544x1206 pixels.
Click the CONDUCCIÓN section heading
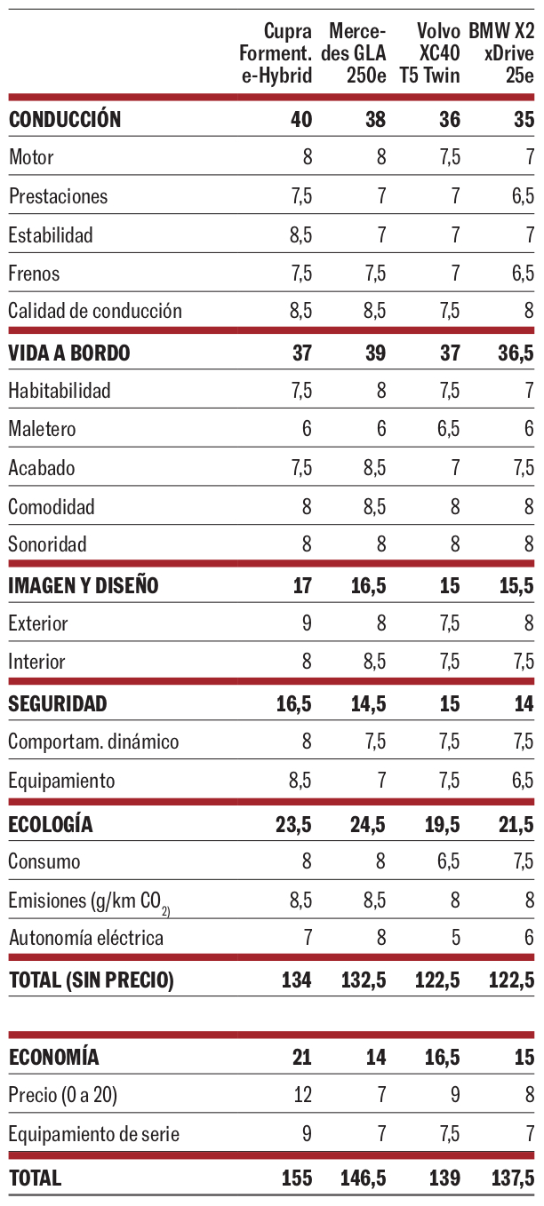(65, 120)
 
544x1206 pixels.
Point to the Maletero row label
(43, 429)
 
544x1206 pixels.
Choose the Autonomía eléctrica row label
(86, 938)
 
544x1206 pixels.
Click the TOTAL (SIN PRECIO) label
(91, 980)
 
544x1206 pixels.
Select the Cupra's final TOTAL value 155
(295, 1178)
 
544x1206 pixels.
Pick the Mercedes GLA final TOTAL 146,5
(363, 1178)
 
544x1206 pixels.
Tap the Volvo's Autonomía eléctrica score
(455, 938)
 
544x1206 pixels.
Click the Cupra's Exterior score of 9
(307, 623)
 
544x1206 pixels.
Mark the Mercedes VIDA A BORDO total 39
(375, 353)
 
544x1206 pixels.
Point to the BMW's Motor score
(529, 158)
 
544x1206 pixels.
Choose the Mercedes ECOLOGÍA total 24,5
(364, 825)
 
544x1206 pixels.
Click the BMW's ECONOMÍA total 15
(524, 1058)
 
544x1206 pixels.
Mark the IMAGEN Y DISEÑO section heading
(84, 585)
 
